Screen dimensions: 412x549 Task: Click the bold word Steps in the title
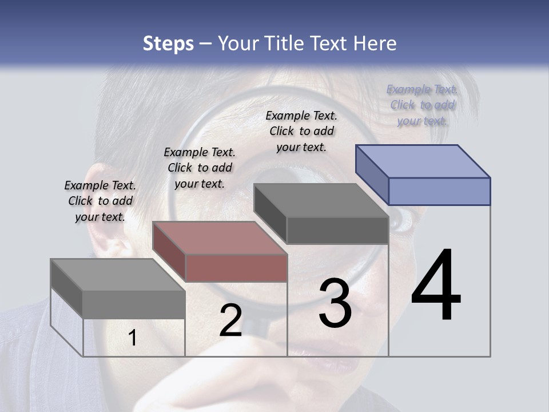pyautogui.click(x=168, y=43)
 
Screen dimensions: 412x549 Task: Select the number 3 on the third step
pyautogui.click(x=335, y=303)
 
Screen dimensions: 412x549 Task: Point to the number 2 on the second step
pyautogui.click(x=230, y=320)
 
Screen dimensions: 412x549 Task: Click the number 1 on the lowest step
pyautogui.click(x=132, y=338)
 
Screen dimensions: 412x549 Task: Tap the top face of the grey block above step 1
pyautogui.click(x=118, y=274)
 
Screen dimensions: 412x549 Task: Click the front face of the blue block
pyautogui.click(x=439, y=191)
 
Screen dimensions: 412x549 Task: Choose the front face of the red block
pyautogui.click(x=236, y=268)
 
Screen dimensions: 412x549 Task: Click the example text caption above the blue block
pyautogui.click(x=423, y=105)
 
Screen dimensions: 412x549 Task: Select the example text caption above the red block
pyautogui.click(x=200, y=168)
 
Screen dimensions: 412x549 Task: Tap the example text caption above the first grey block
pyautogui.click(x=100, y=201)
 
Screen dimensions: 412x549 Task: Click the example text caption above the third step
pyautogui.click(x=301, y=131)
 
